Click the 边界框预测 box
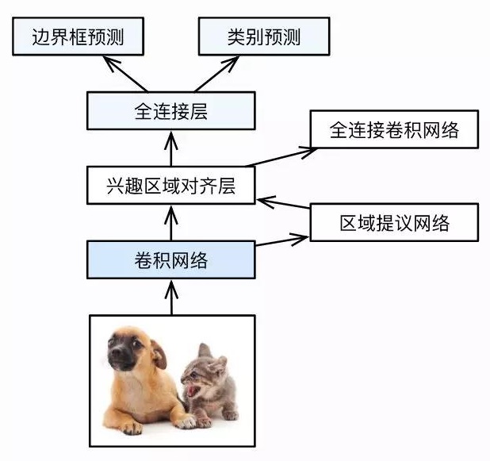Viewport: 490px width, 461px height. (x=78, y=36)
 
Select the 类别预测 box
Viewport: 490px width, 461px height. (x=264, y=36)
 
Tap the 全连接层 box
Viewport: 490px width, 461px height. (x=171, y=111)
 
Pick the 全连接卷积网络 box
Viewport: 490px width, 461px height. (x=394, y=129)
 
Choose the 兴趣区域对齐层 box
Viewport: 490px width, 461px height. (x=171, y=185)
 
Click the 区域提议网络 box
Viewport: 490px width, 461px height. (x=394, y=222)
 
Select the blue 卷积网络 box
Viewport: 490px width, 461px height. (x=171, y=259)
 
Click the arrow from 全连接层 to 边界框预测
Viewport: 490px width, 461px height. (x=125, y=74)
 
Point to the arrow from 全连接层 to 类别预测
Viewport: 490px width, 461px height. (x=216, y=74)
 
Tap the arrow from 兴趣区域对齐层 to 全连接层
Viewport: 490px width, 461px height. (x=171, y=148)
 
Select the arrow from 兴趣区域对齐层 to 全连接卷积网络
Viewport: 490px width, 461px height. (x=282, y=157)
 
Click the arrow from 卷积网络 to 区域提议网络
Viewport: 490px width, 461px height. (x=282, y=240)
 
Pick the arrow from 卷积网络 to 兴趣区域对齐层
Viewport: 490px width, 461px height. (x=171, y=223)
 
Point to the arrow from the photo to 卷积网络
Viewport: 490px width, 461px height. (x=171, y=298)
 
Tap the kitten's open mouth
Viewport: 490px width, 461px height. (x=192, y=390)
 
